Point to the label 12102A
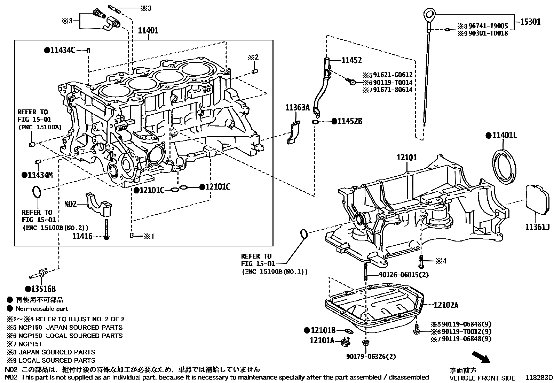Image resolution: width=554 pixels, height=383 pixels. (x=446, y=306)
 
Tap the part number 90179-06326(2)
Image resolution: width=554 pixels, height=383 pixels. (x=371, y=357)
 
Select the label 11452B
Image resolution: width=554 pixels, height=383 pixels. (x=350, y=121)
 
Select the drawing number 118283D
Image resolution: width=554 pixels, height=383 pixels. (x=539, y=378)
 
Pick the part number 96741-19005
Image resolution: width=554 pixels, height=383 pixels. (x=488, y=26)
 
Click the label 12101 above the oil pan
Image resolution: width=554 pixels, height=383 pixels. (x=406, y=158)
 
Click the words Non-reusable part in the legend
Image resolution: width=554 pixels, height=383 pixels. (x=41, y=308)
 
